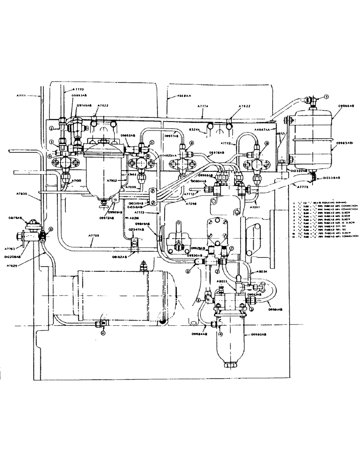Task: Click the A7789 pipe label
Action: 95,236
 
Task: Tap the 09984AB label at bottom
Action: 200,334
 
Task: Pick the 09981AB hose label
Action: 277,309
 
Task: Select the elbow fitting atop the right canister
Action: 310,100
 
